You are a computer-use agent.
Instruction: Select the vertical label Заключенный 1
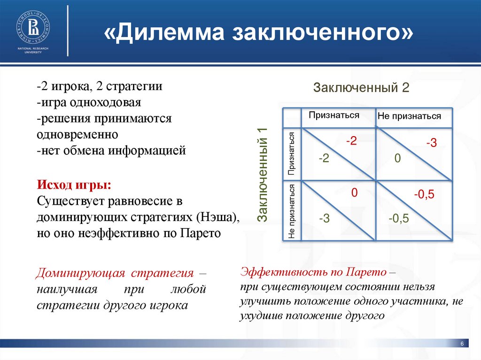pyautogui.click(x=264, y=175)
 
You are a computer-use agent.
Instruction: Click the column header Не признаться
pyautogui.click(x=409, y=116)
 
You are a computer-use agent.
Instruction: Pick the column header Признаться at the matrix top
pyautogui.click(x=334, y=115)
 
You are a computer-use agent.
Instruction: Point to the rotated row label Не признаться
pyautogui.click(x=292, y=212)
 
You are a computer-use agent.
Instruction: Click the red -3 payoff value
pyautogui.click(x=431, y=144)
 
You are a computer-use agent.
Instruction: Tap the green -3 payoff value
pyautogui.click(x=324, y=218)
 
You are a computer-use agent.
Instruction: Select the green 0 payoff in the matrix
pyautogui.click(x=397, y=160)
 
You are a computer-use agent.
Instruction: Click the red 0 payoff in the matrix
pyautogui.click(x=355, y=192)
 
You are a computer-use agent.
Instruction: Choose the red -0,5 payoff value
pyautogui.click(x=424, y=194)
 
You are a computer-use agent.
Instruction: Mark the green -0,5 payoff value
pyautogui.click(x=399, y=218)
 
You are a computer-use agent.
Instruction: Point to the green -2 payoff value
pyautogui.click(x=324, y=159)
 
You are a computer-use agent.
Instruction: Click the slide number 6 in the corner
pyautogui.click(x=462, y=345)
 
